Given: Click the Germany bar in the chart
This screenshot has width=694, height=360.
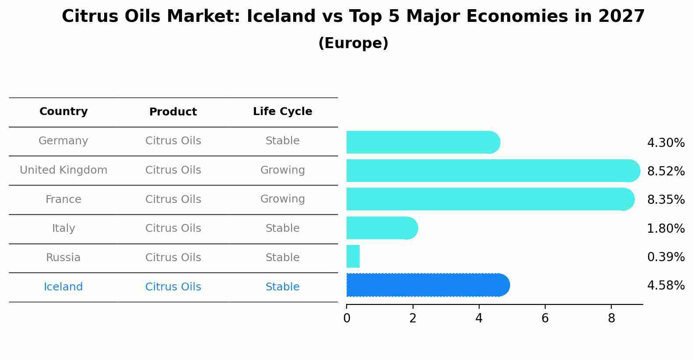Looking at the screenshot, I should (422, 142).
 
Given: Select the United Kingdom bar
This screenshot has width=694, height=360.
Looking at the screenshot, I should (492, 171).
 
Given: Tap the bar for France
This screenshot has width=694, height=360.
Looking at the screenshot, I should (490, 199).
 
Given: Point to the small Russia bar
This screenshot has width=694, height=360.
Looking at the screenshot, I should (353, 256).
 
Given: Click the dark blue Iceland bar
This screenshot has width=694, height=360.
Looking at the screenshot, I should (428, 285).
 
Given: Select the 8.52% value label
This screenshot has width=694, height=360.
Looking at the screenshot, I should (666, 171).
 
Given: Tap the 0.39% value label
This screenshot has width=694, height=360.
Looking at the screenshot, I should (666, 257).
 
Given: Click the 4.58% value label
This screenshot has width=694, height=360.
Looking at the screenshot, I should (666, 285).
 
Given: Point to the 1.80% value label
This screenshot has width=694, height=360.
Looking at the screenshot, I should (666, 228).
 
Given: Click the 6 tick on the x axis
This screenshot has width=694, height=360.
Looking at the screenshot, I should (545, 318).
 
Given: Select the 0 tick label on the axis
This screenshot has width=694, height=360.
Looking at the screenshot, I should (347, 318).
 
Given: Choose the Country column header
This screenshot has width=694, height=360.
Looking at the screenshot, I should (63, 112).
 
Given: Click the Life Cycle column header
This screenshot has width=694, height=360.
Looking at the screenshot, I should (282, 112).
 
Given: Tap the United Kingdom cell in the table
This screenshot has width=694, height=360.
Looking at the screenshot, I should (63, 170).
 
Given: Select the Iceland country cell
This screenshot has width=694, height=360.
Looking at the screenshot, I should (63, 287).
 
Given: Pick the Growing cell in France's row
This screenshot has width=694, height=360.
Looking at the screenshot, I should (282, 199).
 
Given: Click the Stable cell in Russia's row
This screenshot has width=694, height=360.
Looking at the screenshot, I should (282, 258).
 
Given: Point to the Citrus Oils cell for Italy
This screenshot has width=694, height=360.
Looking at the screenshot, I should (173, 228).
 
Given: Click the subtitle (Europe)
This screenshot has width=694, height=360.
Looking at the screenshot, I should (353, 43).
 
